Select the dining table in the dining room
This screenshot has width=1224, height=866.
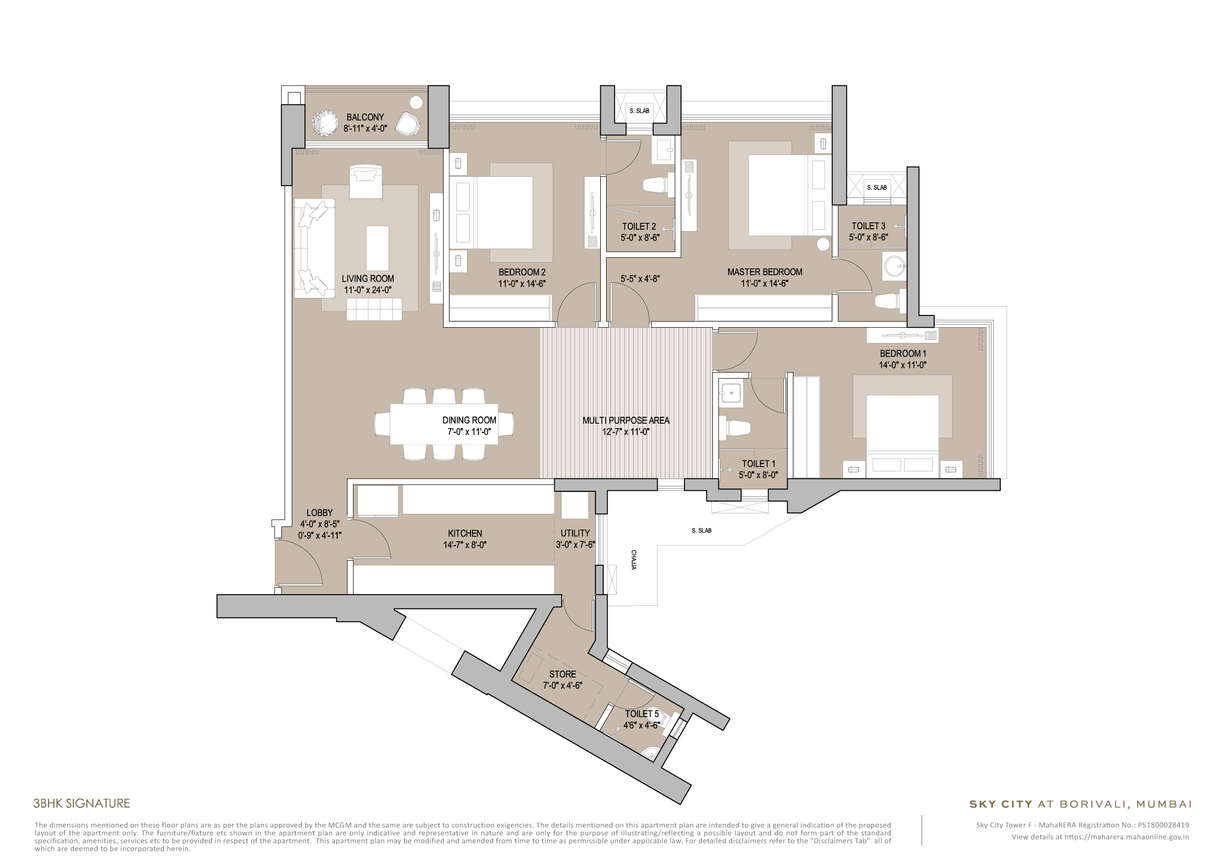point(444,424)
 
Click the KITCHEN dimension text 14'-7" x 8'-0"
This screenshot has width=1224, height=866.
point(464,545)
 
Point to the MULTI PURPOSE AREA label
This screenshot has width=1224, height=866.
point(625,420)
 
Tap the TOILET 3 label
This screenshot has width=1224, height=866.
point(868,226)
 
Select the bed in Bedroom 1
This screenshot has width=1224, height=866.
point(902,432)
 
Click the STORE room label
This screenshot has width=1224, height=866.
point(563,674)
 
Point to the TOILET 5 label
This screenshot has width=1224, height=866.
point(642,714)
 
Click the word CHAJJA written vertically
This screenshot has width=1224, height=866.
point(634,560)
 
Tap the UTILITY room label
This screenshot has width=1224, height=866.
point(575,533)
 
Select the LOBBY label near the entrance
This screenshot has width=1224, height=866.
point(319,512)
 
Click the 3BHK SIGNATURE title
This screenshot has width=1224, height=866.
point(82,803)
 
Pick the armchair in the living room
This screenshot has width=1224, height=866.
point(366,181)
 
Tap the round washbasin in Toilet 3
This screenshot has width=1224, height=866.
point(894,265)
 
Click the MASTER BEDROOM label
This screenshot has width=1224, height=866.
point(764,272)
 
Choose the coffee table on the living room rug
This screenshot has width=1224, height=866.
point(377,248)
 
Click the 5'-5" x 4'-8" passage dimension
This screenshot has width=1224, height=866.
point(640,278)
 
